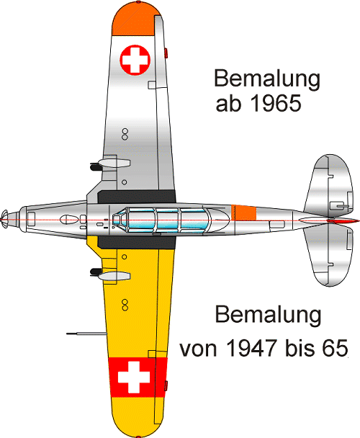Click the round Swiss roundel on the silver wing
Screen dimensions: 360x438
coord(135,60)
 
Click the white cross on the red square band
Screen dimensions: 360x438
coord(134,377)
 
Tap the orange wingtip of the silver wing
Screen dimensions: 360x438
coord(133,19)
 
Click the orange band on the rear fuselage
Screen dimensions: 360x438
coord(244,213)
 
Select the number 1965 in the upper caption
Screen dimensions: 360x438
coord(276,104)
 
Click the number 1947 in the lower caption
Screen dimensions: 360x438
coord(251,348)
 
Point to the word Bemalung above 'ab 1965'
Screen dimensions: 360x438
coord(267,79)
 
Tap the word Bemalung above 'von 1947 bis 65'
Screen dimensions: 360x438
coord(268,316)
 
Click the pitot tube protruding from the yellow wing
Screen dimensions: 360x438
coord(86,334)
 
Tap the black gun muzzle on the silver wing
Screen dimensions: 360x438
coord(96,166)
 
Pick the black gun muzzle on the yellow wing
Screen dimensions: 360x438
coord(96,272)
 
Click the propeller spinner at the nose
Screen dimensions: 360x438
coord(5,218)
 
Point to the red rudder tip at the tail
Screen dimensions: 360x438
coord(343,221)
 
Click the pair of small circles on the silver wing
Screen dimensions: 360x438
coord(125,134)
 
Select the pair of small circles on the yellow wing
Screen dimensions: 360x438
coord(125,305)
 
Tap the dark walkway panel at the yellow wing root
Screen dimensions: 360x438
coord(136,243)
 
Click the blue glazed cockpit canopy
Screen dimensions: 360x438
coord(161,220)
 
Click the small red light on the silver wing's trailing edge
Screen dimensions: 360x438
coord(166,53)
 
